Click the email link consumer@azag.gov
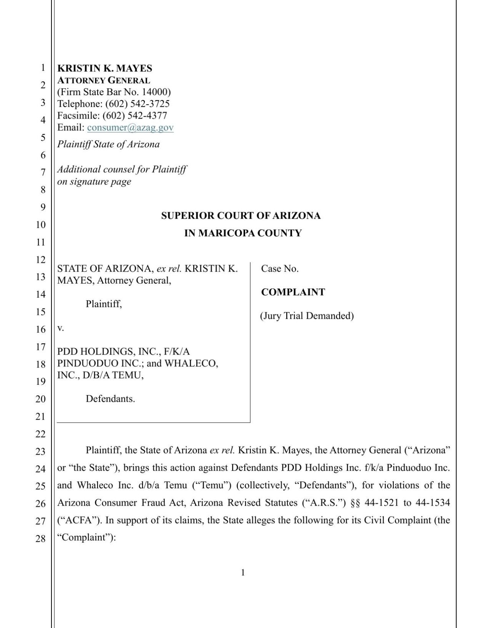[130, 127]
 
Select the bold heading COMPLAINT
[293, 292]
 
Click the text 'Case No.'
[280, 269]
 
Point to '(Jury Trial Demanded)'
[307, 316]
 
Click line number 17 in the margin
[41, 347]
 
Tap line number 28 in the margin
[41, 539]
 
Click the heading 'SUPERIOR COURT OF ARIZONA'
[241, 216]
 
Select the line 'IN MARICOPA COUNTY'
[243, 233]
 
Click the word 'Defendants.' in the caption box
[110, 399]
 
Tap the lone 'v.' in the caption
[60, 328]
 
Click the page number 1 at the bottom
[243, 572]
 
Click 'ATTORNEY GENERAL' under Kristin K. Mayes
[104, 80]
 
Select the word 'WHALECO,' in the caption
[191, 363]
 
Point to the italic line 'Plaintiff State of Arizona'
[108, 144]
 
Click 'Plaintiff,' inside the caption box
[104, 304]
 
